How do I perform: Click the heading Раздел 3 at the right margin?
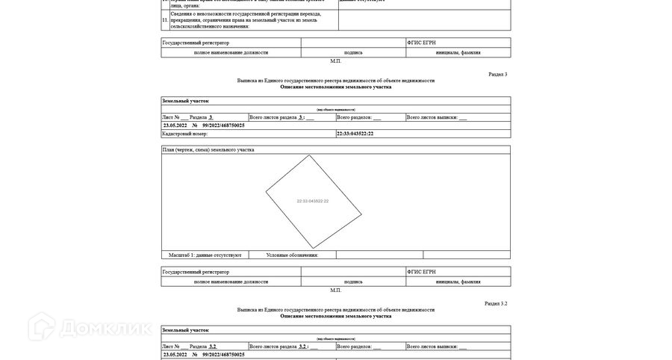[497, 75]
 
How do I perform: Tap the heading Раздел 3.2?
[496, 304]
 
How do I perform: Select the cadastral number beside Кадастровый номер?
[355, 134]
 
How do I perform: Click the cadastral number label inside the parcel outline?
[313, 201]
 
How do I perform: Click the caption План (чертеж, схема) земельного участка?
[208, 149]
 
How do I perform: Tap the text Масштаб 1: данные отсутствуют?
[205, 255]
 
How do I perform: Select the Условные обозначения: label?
[292, 255]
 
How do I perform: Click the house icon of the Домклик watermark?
[42, 327]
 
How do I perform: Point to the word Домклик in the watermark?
[105, 329]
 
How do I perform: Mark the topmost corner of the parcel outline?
[309, 155]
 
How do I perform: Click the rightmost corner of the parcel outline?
[361, 214]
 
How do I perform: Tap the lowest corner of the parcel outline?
[314, 249]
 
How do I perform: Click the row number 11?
[165, 20]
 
